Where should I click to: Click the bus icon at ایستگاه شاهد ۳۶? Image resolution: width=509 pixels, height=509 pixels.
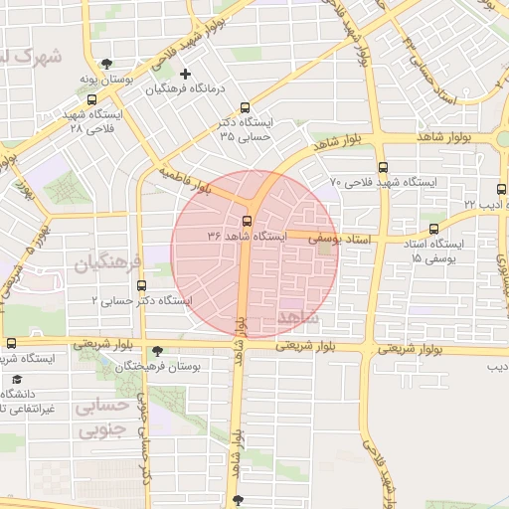(247, 221)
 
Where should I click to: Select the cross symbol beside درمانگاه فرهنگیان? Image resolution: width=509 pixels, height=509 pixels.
(186, 74)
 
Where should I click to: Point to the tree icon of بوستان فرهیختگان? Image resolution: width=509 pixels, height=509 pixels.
(157, 351)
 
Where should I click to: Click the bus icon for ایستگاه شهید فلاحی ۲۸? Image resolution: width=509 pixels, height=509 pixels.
(92, 99)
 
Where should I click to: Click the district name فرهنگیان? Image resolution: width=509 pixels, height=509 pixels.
(108, 263)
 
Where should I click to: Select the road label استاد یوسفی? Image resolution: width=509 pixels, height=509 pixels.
(338, 240)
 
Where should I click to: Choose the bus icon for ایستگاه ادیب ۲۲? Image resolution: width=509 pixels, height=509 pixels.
(501, 188)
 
